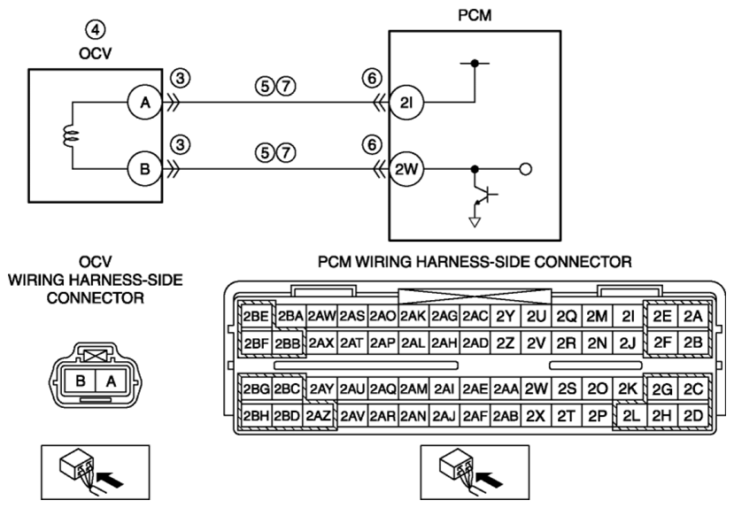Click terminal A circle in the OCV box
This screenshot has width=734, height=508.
point(145,102)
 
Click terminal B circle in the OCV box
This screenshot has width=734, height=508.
point(145,168)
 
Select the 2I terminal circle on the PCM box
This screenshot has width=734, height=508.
point(406,103)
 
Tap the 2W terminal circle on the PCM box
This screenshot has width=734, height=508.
point(406,169)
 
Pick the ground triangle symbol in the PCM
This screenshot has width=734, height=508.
point(475,222)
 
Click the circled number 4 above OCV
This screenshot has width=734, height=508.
point(95,30)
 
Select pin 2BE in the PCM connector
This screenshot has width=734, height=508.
point(256,317)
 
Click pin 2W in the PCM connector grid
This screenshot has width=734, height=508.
point(536,389)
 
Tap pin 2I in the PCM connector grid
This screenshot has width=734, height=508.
point(628,317)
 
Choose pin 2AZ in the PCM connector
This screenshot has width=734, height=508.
point(319,415)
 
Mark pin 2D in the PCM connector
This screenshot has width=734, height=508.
point(693,415)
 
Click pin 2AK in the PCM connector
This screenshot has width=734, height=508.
point(413,317)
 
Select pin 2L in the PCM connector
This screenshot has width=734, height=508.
point(631,415)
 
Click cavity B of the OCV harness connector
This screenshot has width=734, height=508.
point(80,381)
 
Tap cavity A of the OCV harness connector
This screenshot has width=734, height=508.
point(111,381)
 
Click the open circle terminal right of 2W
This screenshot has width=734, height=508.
point(526,169)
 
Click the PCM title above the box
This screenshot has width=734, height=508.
point(475,15)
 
